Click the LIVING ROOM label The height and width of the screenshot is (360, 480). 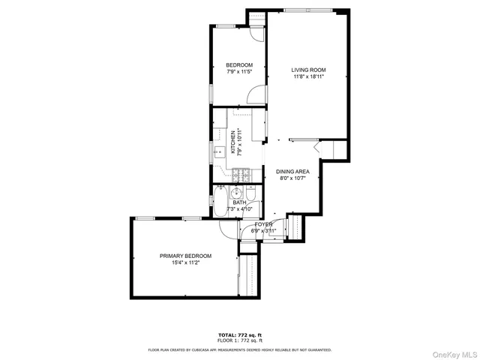pos(308,70)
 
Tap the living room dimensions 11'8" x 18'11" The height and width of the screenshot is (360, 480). pos(308,76)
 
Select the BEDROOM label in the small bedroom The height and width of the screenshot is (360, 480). pos(239,65)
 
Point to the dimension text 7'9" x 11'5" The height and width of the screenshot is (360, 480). pos(239,72)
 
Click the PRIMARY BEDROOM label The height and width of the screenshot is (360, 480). pos(185,256)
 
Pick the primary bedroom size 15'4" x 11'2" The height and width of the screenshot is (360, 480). pos(185,262)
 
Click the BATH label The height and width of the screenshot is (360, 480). pos(239,202)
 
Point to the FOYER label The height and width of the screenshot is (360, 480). pos(263,224)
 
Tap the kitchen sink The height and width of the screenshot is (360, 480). pos(219,152)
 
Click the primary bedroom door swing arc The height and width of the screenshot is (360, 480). pos(228,229)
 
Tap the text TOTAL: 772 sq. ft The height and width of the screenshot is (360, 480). pos(240,334)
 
